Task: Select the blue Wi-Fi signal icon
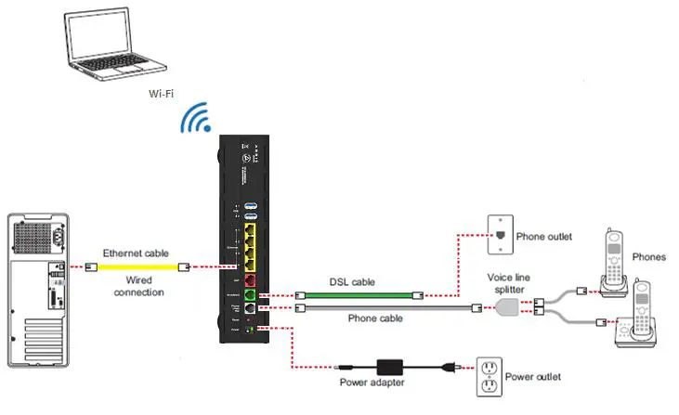coord(196,120)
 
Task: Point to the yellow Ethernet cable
coord(139,266)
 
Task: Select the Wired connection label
coord(138,286)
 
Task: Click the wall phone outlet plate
coord(501,235)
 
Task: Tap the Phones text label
coord(647,257)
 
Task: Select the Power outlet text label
coord(539,377)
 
